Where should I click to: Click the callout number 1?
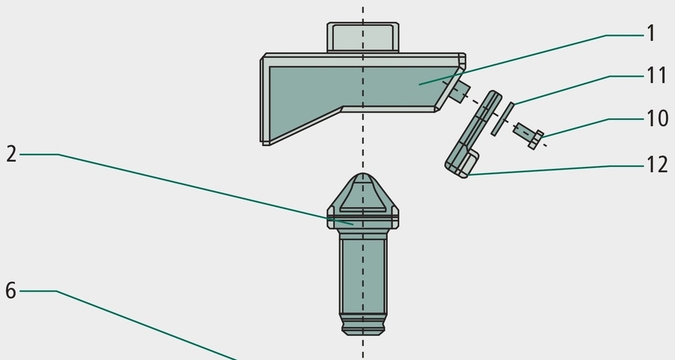tap(651, 33)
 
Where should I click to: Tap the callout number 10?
tap(657, 118)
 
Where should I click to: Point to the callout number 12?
tap(657, 164)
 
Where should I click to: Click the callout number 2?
tap(12, 154)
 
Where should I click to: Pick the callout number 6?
tap(11, 291)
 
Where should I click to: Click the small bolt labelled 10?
tap(529, 135)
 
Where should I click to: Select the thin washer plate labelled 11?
tap(503, 119)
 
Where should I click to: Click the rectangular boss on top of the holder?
tap(363, 38)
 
